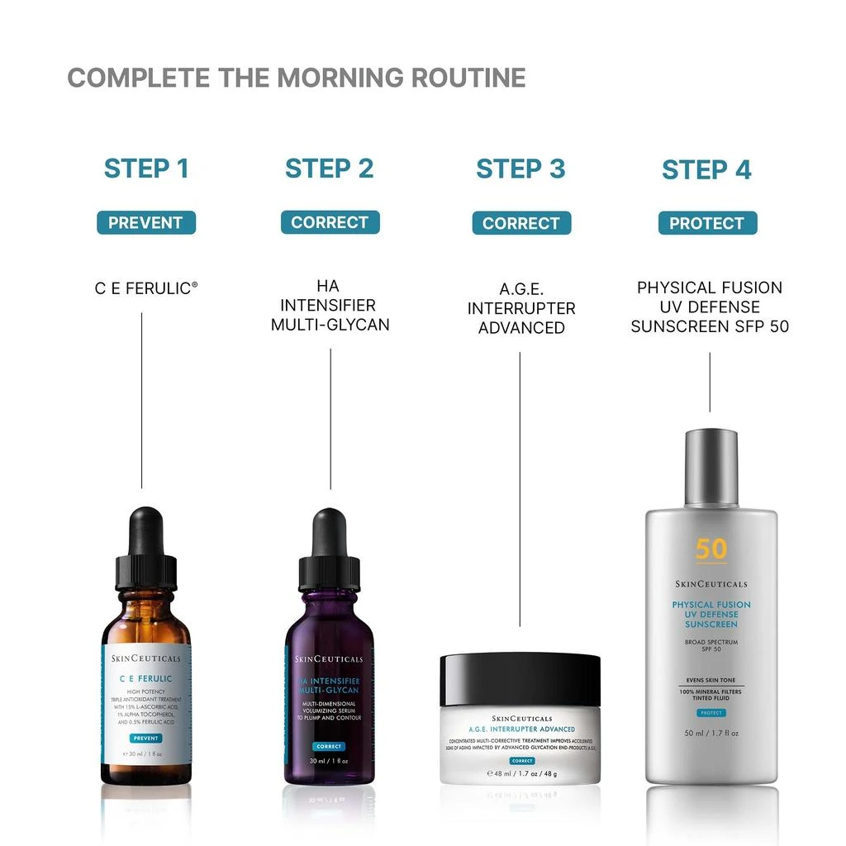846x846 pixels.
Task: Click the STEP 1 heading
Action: (x=146, y=169)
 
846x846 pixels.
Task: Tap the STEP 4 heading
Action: (x=706, y=170)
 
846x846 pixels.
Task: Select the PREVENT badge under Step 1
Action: (x=145, y=222)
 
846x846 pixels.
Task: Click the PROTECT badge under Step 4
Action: (x=707, y=223)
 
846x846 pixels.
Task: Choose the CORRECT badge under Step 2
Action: (x=330, y=222)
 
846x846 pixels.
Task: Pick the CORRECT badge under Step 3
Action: (x=521, y=223)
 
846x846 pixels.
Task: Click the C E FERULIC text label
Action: (x=145, y=288)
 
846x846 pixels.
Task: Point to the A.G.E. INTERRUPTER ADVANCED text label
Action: (x=521, y=308)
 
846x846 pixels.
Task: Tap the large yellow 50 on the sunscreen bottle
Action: (x=711, y=549)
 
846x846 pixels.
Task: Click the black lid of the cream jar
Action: (x=520, y=680)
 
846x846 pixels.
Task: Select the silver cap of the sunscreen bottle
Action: (x=711, y=466)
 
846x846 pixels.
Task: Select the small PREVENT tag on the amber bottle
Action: (x=145, y=738)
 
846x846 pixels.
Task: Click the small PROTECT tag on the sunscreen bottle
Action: (x=711, y=712)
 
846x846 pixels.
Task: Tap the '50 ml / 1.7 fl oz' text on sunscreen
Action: (x=711, y=733)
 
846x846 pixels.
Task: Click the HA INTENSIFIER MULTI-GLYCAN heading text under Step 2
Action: (x=330, y=306)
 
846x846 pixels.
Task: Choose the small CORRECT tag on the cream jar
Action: (x=521, y=760)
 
